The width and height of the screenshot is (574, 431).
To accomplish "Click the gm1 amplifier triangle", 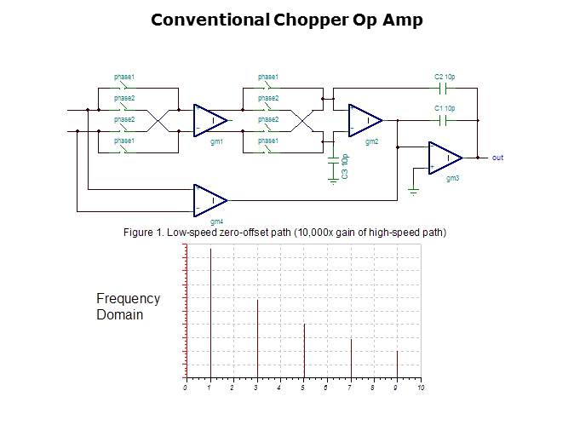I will coord(210,119).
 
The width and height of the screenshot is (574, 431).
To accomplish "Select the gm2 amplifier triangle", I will coord(364,119).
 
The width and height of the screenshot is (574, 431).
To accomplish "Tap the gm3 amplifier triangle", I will coord(445,158).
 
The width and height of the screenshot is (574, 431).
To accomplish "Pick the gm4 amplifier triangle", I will coord(210,200).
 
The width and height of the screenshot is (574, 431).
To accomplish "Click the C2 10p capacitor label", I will coord(445,78).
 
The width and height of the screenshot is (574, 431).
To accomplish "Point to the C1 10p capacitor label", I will coord(445,108).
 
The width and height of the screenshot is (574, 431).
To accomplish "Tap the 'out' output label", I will coord(497,158).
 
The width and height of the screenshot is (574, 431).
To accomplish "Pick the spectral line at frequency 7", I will coord(351,358).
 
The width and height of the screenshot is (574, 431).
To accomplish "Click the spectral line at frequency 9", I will coord(397,364).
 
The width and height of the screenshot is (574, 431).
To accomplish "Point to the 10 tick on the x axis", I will coord(421,388).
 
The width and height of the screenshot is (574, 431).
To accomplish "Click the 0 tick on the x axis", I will coord(186,388).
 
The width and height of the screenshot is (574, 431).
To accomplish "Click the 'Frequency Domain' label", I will coord(128,307).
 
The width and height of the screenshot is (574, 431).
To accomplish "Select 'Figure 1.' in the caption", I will coord(143,232).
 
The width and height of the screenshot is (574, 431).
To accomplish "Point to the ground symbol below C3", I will coord(333,180).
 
